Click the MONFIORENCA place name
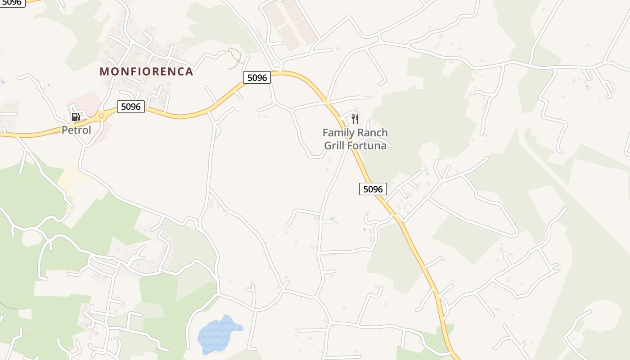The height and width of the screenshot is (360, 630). click(146, 72)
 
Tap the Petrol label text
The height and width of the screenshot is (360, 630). click(76, 130)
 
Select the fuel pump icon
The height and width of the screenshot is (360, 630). click(76, 117)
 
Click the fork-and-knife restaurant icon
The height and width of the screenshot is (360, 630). click(355, 119)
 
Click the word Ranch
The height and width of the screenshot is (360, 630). click(373, 133)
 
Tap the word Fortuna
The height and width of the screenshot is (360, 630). click(369, 146)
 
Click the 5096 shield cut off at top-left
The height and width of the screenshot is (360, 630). click(12, 2)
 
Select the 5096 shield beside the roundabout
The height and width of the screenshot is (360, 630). click(131, 107)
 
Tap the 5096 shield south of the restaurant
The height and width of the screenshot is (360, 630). click(373, 189)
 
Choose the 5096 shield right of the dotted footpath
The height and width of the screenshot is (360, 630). click(257, 77)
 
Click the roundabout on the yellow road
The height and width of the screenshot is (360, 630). click(101, 116)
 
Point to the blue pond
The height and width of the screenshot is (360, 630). click(218, 334)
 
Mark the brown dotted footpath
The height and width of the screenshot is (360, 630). click(235, 58)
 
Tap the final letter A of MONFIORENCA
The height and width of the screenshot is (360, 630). click(189, 72)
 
